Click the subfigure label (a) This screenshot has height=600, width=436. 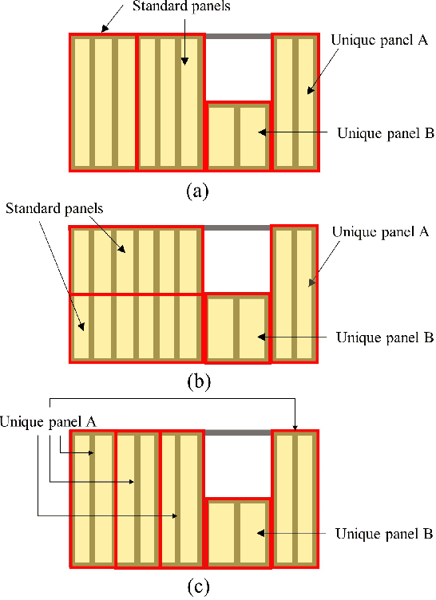(196, 191)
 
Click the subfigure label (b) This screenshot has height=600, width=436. (198, 382)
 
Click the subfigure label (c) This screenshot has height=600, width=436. (198, 588)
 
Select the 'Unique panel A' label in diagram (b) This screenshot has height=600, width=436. (381, 232)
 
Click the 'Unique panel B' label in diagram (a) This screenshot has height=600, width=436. (386, 133)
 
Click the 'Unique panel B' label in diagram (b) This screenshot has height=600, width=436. (384, 337)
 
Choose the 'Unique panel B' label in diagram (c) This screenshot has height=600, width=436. (384, 532)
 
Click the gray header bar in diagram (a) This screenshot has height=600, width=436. (238, 36)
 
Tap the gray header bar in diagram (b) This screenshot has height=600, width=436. (238, 228)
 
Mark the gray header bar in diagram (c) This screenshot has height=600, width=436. (238, 432)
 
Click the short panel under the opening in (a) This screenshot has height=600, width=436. (238, 136)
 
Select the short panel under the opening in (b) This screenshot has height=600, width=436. (238, 328)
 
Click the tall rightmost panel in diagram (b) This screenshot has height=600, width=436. (295, 294)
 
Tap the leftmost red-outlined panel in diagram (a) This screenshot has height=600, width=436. (103, 101)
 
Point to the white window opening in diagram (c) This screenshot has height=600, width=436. (238, 466)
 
